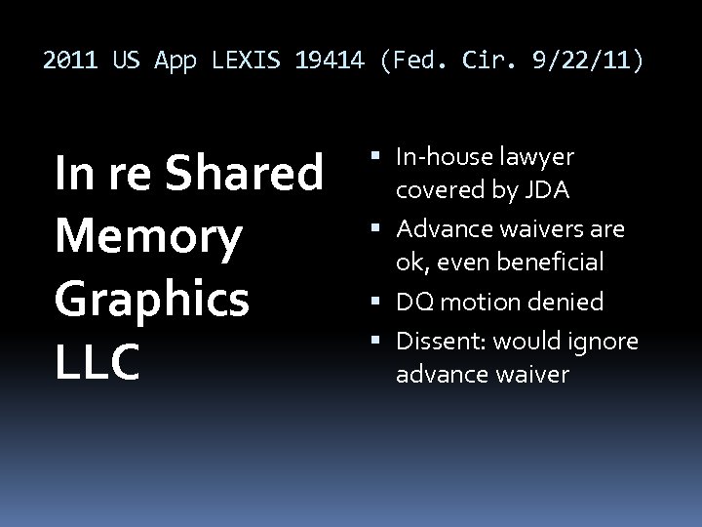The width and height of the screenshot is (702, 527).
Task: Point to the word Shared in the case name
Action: (x=244, y=174)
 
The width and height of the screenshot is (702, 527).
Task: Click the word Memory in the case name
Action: (x=147, y=236)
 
